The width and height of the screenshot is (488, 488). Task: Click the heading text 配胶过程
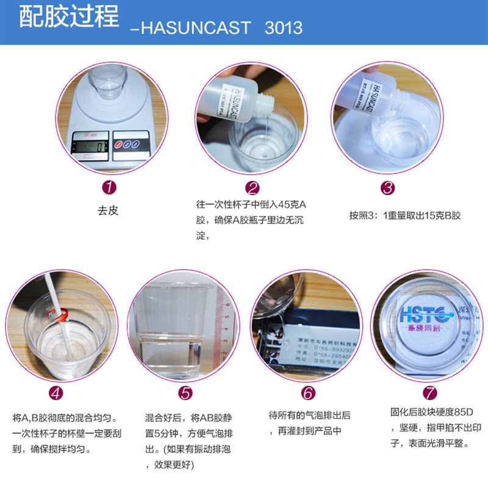68,18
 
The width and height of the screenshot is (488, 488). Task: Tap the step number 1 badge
108,187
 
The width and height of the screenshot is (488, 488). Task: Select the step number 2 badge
253,187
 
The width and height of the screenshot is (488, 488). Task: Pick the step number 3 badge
388,187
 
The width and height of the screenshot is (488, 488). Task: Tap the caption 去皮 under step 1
108,211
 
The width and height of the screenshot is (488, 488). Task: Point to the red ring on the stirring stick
60,315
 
